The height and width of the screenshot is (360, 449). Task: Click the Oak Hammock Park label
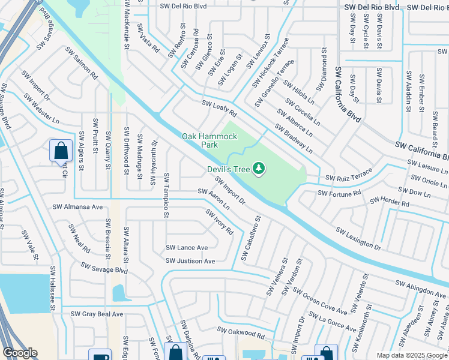coord(209,141)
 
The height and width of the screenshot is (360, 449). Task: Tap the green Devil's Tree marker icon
coord(259,169)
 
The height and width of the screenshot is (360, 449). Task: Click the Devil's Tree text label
coord(228,170)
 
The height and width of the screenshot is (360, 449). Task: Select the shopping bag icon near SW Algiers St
coord(61,151)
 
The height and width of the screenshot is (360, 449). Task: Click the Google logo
coord(20,353)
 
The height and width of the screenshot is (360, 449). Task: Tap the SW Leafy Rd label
coord(220,109)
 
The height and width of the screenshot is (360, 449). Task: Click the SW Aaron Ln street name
coord(214,199)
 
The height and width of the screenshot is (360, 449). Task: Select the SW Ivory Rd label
coord(219,221)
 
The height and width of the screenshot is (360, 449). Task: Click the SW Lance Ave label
coord(187,247)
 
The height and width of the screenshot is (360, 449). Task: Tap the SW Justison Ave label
coord(191,261)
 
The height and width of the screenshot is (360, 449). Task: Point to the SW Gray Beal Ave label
coord(97,314)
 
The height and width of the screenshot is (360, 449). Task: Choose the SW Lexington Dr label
coord(358,238)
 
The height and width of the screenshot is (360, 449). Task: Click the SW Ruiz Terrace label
coord(349,178)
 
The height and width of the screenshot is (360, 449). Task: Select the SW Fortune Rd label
coord(339,193)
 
